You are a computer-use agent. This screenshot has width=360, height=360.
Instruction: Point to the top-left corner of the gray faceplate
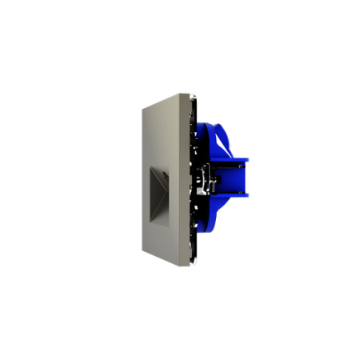(141, 108)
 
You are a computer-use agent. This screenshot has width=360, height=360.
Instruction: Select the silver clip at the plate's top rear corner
(194, 96)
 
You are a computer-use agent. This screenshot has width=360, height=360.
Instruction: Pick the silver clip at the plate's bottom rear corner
(194, 261)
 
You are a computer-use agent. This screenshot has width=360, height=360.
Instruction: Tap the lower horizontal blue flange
(232, 194)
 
